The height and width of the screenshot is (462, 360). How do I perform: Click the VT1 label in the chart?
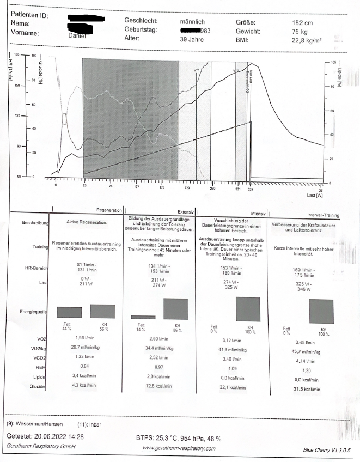[x=197, y=70]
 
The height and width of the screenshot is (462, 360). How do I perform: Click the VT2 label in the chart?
[x=236, y=71]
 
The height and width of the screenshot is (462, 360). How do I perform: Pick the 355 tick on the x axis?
[x=250, y=190]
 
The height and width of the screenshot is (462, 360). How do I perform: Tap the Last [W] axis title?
[x=315, y=194]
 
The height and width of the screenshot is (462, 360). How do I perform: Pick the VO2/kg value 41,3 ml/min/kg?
[x=226, y=348]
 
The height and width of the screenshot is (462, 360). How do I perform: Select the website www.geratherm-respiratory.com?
[x=179, y=448]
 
